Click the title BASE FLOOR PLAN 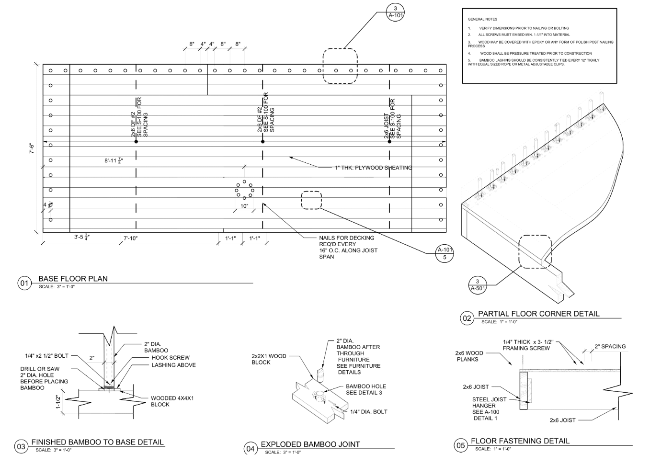pyautogui.click(x=73, y=279)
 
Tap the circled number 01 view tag pyautogui.click(x=24, y=283)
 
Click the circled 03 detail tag pyautogui.click(x=21, y=447)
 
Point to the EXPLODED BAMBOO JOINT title pyautogui.click(x=310, y=444)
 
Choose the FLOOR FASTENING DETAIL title pyautogui.click(x=520, y=441)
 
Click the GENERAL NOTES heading pyautogui.click(x=482, y=19)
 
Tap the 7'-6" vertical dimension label pyautogui.click(x=32, y=148)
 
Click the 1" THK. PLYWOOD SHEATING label pyautogui.click(x=373, y=168)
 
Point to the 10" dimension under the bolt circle pyautogui.click(x=244, y=206)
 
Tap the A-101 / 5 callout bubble pyautogui.click(x=445, y=254)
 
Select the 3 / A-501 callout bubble pyautogui.click(x=477, y=284)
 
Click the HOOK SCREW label pyautogui.click(x=170, y=358)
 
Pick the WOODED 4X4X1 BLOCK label pyautogui.click(x=172, y=401)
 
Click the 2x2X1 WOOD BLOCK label pyautogui.click(x=269, y=359)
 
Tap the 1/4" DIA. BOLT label pyautogui.click(x=368, y=412)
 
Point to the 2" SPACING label pyautogui.click(x=610, y=346)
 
